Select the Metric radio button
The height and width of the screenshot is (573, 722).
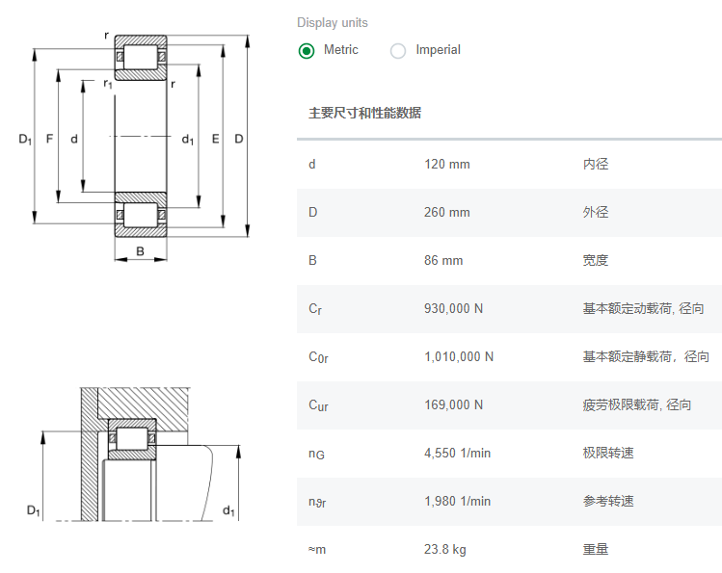click(307, 51)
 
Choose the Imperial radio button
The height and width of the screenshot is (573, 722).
click(398, 51)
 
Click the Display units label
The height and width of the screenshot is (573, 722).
click(333, 23)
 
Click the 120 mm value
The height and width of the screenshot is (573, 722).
click(447, 164)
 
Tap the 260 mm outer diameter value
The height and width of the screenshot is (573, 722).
click(447, 212)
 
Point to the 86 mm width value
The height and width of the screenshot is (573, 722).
click(443, 260)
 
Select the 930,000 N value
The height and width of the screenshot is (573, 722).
click(454, 308)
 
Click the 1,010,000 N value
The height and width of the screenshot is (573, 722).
click(459, 356)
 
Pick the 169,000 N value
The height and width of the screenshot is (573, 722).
click(454, 404)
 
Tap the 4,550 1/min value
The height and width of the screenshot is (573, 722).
click(458, 453)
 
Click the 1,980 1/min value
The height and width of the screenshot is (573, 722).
click(458, 501)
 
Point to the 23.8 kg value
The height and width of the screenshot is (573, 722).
click(445, 549)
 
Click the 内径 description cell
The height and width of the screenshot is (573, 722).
click(596, 164)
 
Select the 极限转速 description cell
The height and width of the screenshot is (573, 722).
click(608, 453)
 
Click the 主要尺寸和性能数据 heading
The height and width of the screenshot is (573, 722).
click(364, 113)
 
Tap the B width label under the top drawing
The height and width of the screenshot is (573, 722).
click(140, 252)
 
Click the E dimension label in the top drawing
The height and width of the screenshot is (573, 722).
click(215, 140)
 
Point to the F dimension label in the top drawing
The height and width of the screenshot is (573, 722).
click(49, 140)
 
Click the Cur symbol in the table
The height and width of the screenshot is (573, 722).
click(318, 405)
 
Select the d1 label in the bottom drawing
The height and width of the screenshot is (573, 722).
click(228, 510)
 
